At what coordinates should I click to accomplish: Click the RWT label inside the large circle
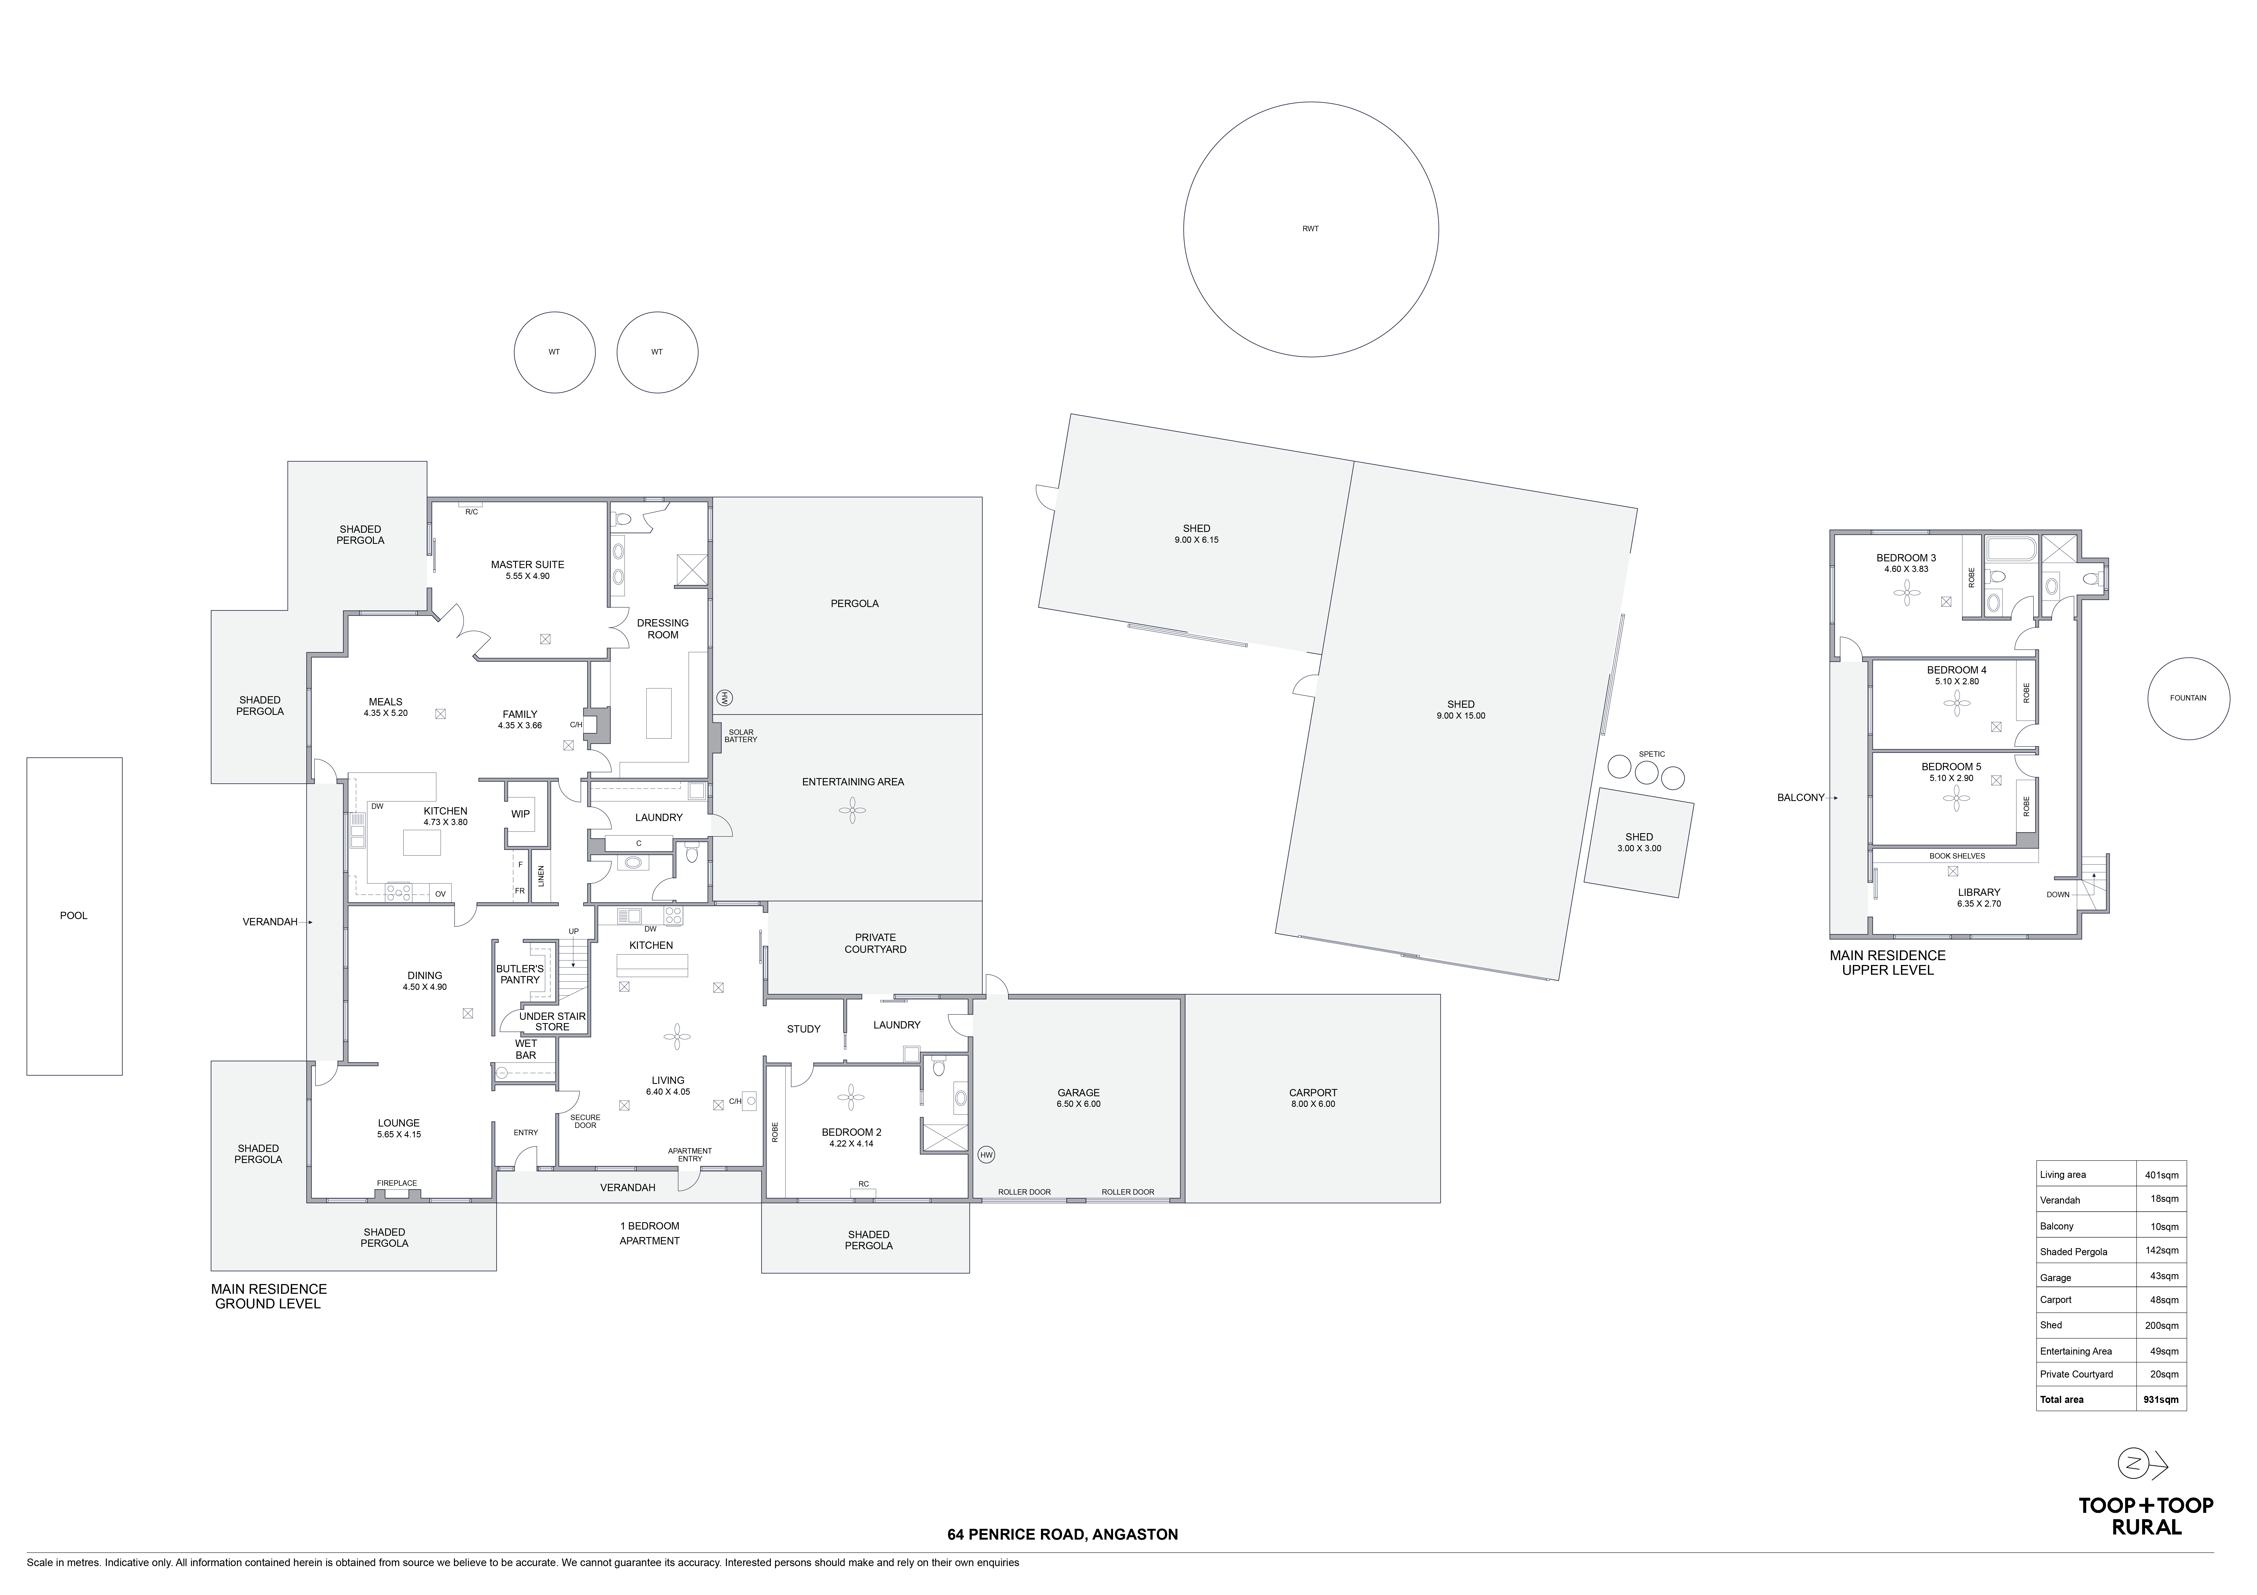pos(1310,229)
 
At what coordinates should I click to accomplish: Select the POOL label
pos(74,916)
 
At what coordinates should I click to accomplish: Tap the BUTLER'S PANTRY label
pos(520,974)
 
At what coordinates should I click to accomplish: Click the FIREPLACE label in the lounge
pos(397,1183)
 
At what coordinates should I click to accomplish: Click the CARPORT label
pos(1313,1093)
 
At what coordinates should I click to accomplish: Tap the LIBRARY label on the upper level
pos(1979,892)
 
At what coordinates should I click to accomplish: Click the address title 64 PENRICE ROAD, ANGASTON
pos(1063,1534)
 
